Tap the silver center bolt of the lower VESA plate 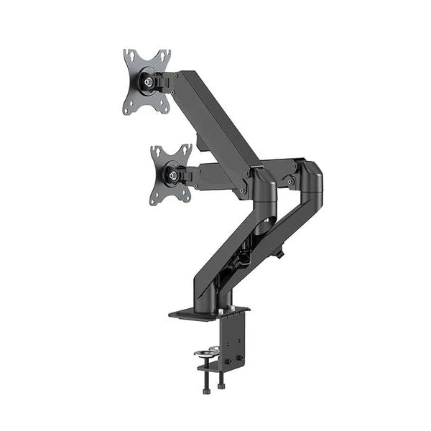point(172,173)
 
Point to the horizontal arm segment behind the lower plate point(215,176)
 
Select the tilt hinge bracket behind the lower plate point(188,173)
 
